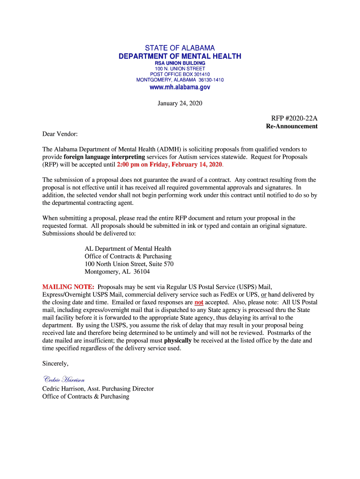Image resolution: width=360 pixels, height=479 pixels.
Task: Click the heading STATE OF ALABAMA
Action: click(x=180, y=48)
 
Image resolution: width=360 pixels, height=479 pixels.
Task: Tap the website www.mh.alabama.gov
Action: click(x=180, y=87)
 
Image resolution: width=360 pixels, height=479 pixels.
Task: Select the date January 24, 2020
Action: click(x=180, y=103)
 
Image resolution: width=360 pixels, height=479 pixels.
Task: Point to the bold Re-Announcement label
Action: click(x=292, y=126)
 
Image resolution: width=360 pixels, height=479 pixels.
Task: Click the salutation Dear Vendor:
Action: click(x=60, y=134)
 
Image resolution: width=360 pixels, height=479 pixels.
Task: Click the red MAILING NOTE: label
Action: click(x=68, y=287)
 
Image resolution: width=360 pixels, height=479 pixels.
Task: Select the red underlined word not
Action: click(x=199, y=302)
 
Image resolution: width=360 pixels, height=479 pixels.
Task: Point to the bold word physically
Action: click(x=178, y=340)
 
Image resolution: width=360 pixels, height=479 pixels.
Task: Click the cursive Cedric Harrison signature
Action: click(x=64, y=379)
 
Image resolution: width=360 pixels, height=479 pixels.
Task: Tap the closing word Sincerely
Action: click(x=56, y=363)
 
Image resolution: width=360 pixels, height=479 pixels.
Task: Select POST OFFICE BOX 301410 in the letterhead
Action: click(x=180, y=74)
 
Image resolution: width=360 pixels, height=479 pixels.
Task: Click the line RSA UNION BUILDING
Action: click(x=180, y=63)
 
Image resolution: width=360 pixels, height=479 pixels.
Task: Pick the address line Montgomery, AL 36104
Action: click(x=117, y=272)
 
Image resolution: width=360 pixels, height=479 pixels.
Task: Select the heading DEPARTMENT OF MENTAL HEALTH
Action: click(x=180, y=56)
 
